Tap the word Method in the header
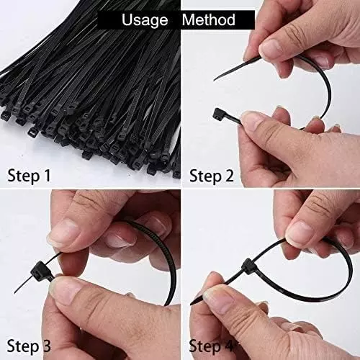[x=208, y=19]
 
